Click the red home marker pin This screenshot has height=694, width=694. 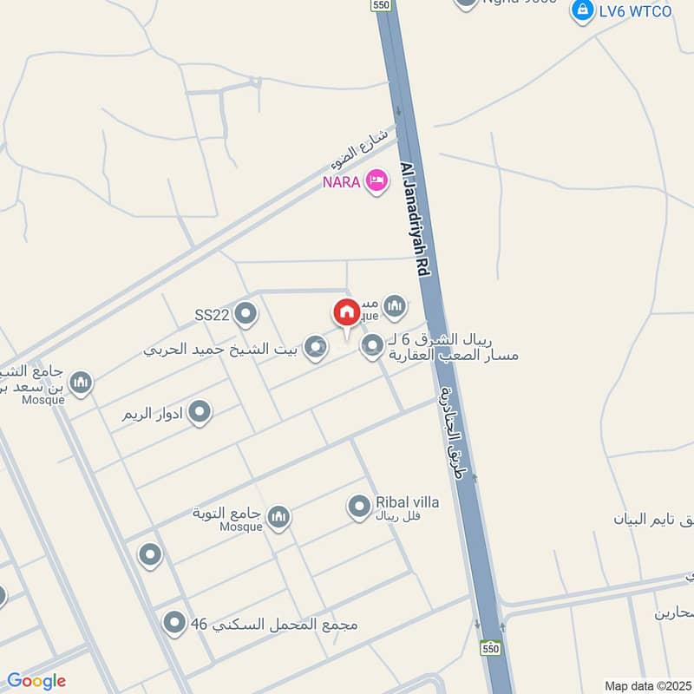tap(346, 313)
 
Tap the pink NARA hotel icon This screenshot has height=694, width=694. tap(376, 181)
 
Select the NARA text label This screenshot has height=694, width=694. tap(342, 182)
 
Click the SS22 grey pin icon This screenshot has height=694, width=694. tap(246, 314)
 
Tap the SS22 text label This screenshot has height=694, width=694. tap(212, 314)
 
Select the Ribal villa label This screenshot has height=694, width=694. tap(407, 502)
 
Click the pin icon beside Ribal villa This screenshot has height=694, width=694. tap(359, 507)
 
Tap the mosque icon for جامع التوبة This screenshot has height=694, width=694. tap(278, 519)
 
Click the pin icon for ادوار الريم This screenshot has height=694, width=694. tap(200, 413)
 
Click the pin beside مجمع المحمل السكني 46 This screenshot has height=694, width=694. tap(175, 622)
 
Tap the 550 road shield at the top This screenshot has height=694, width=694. tap(380, 5)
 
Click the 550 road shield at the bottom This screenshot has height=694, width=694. tap(490, 648)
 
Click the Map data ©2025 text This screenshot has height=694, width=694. tap(647, 685)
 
